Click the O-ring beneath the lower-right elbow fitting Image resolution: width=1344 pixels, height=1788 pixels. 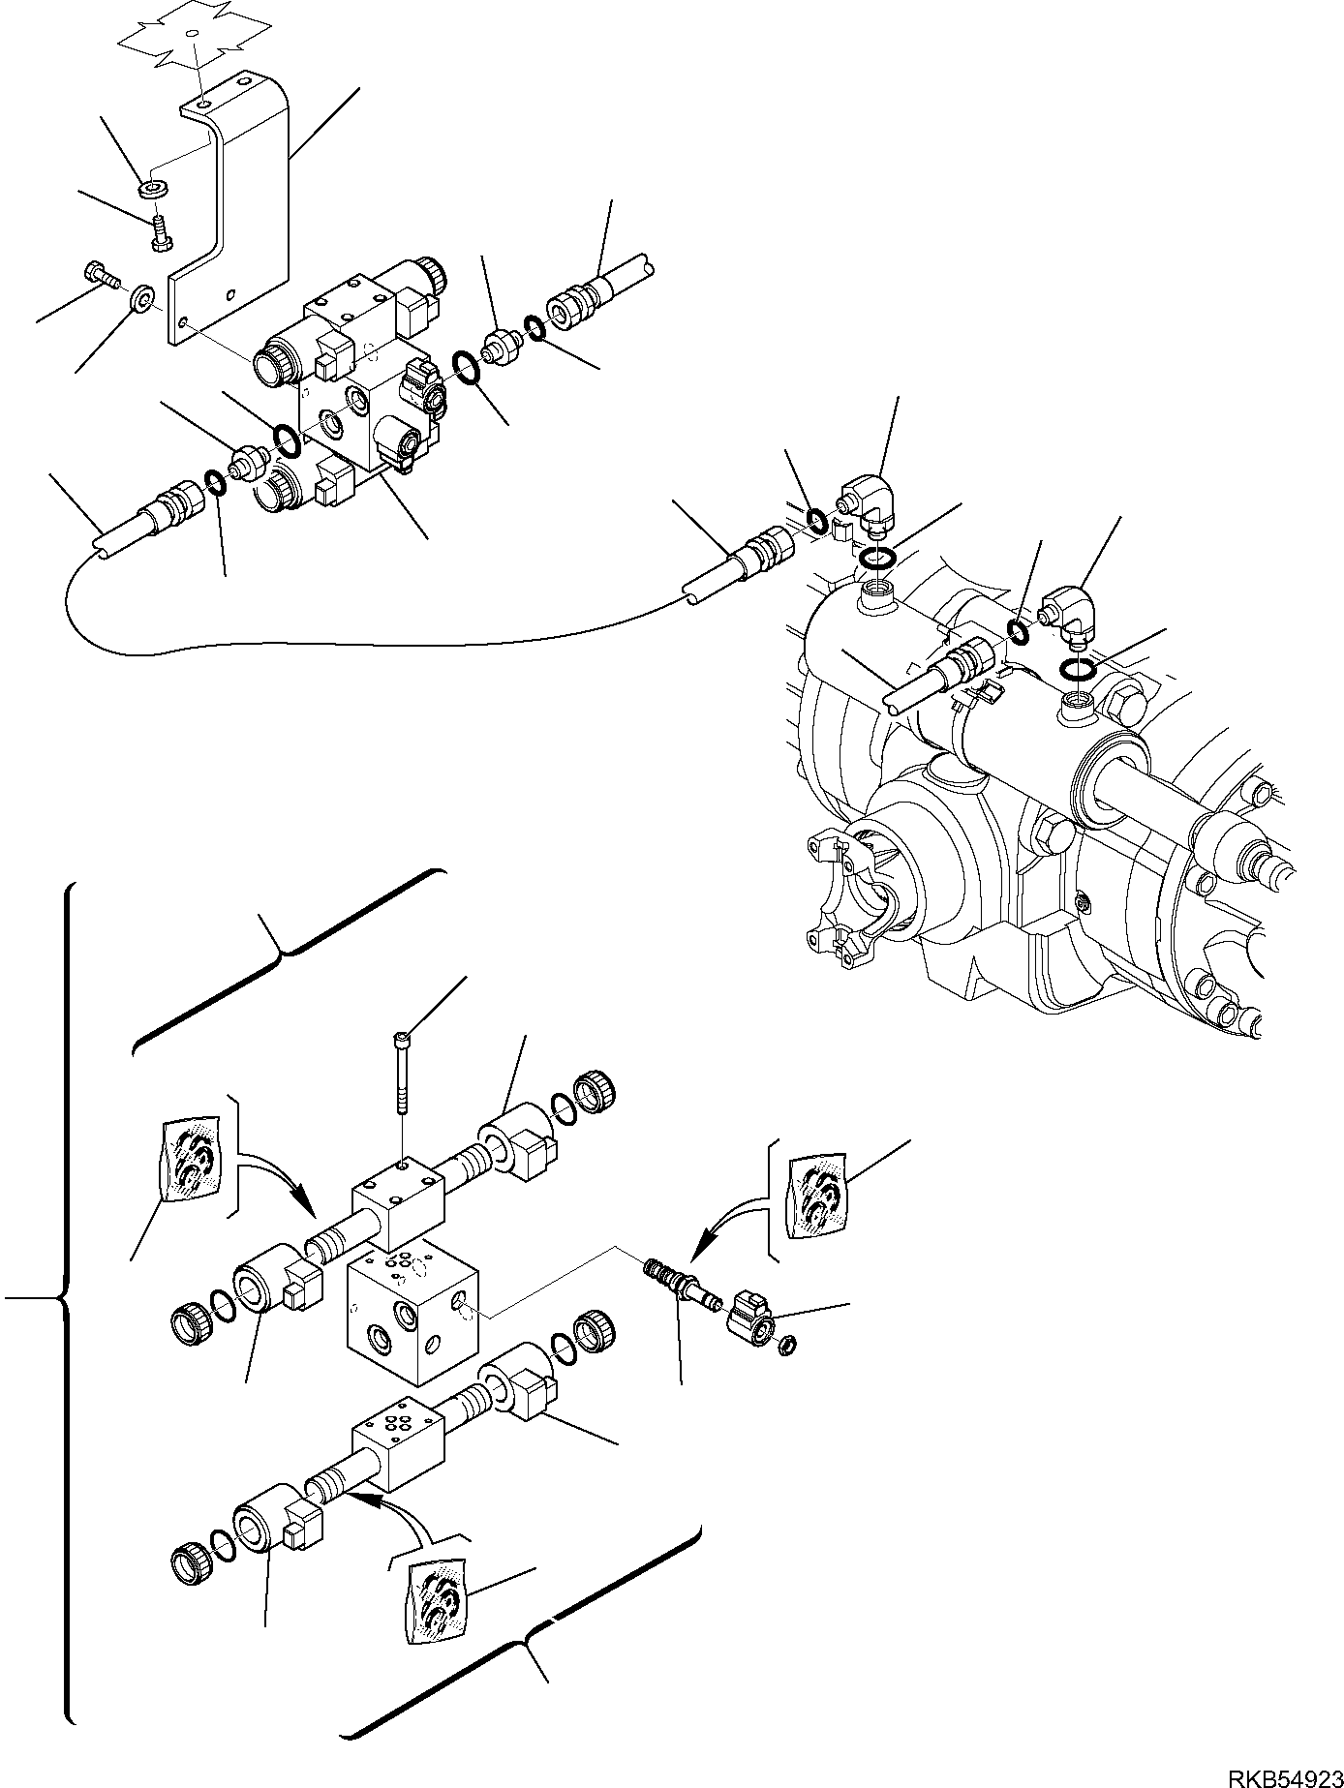1078,667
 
